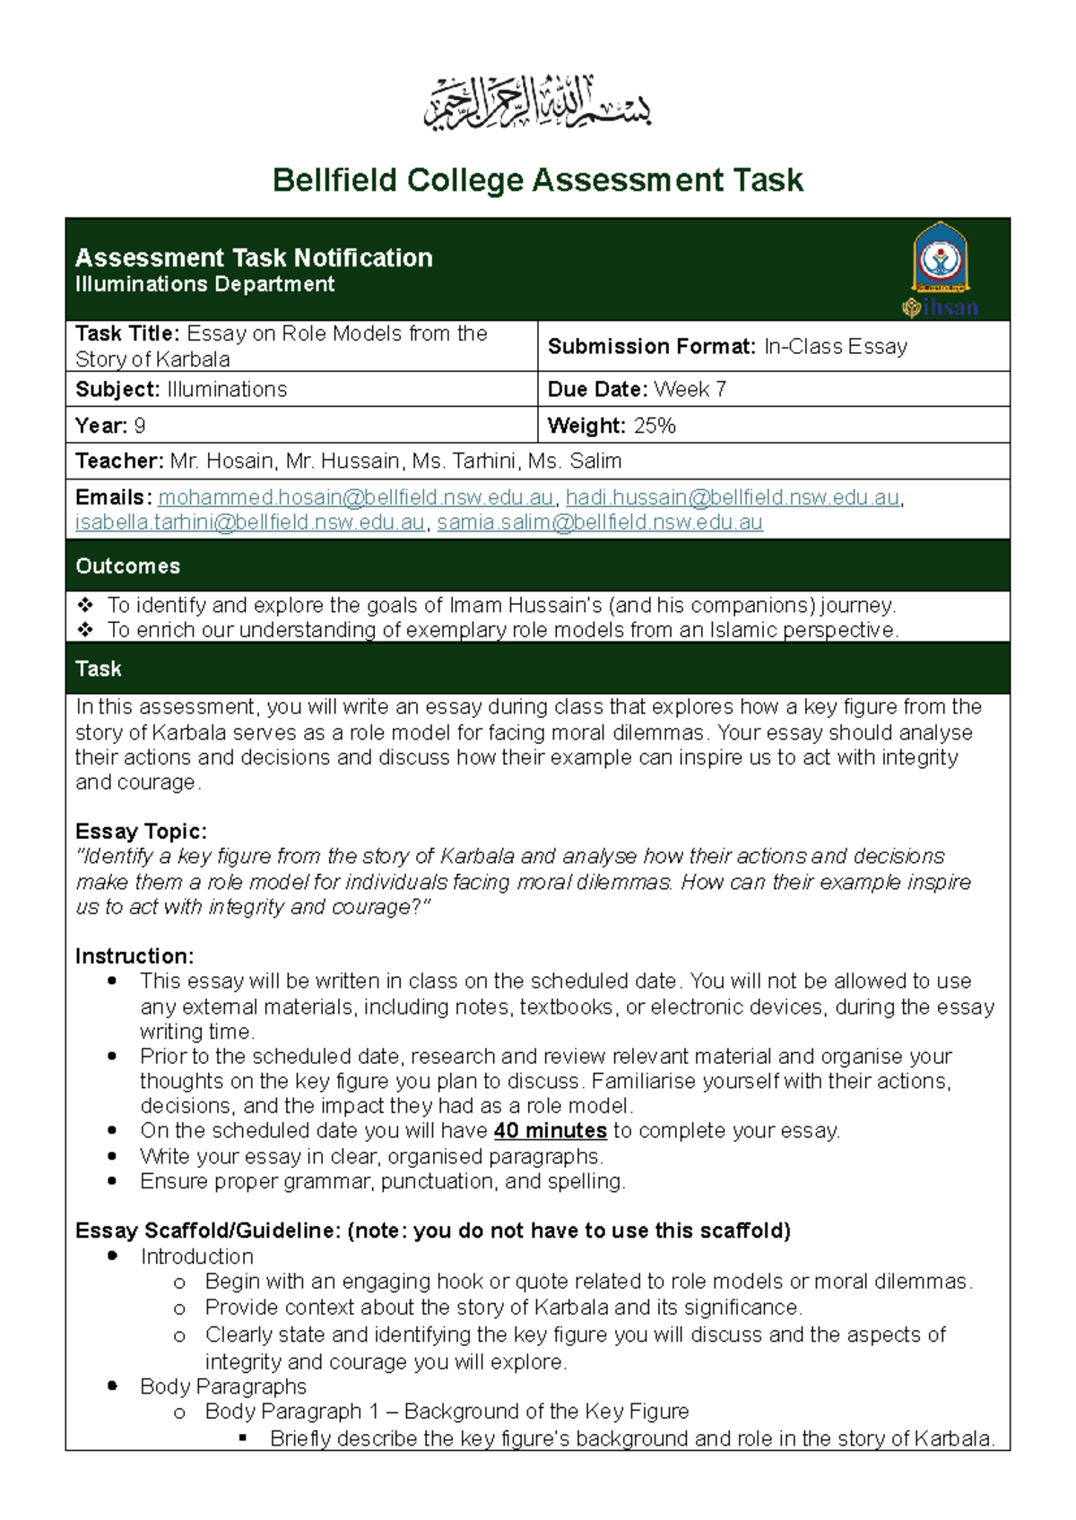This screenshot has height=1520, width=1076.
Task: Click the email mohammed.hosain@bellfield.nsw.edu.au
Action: (x=356, y=497)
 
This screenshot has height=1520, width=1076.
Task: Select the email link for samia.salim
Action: (x=600, y=522)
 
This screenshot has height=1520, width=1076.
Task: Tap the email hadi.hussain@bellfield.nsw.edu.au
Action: (x=732, y=497)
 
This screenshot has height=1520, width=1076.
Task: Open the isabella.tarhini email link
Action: (x=249, y=522)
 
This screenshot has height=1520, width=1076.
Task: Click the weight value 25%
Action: (x=655, y=426)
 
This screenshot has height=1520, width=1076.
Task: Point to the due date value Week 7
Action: (x=690, y=389)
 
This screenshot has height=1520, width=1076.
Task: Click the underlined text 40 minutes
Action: (x=550, y=1131)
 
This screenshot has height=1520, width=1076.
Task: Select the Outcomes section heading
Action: (x=127, y=566)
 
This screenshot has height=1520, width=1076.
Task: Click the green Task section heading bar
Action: (x=537, y=669)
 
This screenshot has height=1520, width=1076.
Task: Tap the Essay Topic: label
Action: (x=141, y=831)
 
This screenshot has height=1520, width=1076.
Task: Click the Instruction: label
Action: (x=134, y=956)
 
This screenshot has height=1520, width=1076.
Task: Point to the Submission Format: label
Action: (x=652, y=347)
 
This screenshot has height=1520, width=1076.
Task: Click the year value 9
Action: (x=140, y=426)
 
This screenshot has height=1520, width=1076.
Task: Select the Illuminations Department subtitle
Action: (x=204, y=284)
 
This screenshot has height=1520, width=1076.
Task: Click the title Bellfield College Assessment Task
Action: (x=537, y=180)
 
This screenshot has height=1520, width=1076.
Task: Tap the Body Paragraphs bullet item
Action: (x=222, y=1386)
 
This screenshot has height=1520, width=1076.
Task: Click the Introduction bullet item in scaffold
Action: (x=196, y=1257)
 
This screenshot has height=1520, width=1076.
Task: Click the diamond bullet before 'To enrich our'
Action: (x=85, y=630)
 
